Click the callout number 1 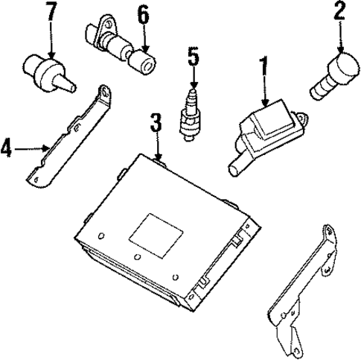261,68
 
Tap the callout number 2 339,12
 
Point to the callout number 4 7,149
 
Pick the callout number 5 193,57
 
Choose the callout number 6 142,13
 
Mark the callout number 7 50,13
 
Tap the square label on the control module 152,227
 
